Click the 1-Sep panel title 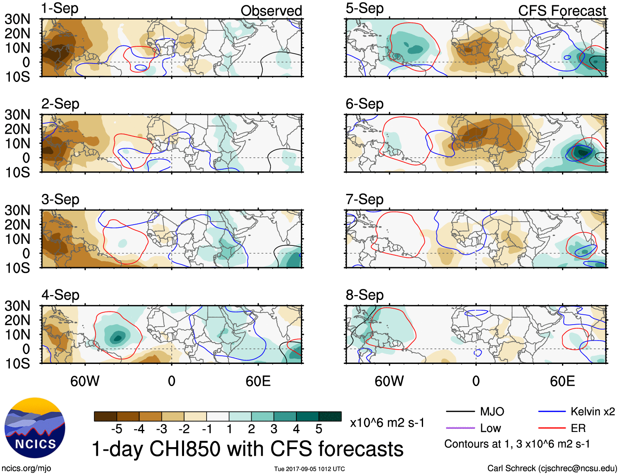click(x=60, y=8)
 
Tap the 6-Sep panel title click(x=364, y=104)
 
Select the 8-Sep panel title click(x=364, y=295)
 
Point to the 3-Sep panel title click(x=60, y=199)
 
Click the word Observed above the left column click(x=271, y=11)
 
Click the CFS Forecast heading click(x=562, y=11)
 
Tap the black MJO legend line click(x=460, y=411)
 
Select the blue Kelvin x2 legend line click(x=552, y=411)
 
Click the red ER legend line click(x=552, y=428)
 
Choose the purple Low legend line click(x=460, y=428)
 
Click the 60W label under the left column click(x=85, y=381)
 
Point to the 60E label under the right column click(x=562, y=381)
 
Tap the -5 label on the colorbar click(x=116, y=429)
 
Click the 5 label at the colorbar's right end click(x=319, y=429)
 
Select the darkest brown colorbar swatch click(x=105, y=416)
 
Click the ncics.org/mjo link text click(x=26, y=468)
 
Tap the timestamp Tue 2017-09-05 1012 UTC click(x=309, y=469)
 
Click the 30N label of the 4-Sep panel click(x=17, y=306)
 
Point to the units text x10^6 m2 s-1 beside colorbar click(x=387, y=423)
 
